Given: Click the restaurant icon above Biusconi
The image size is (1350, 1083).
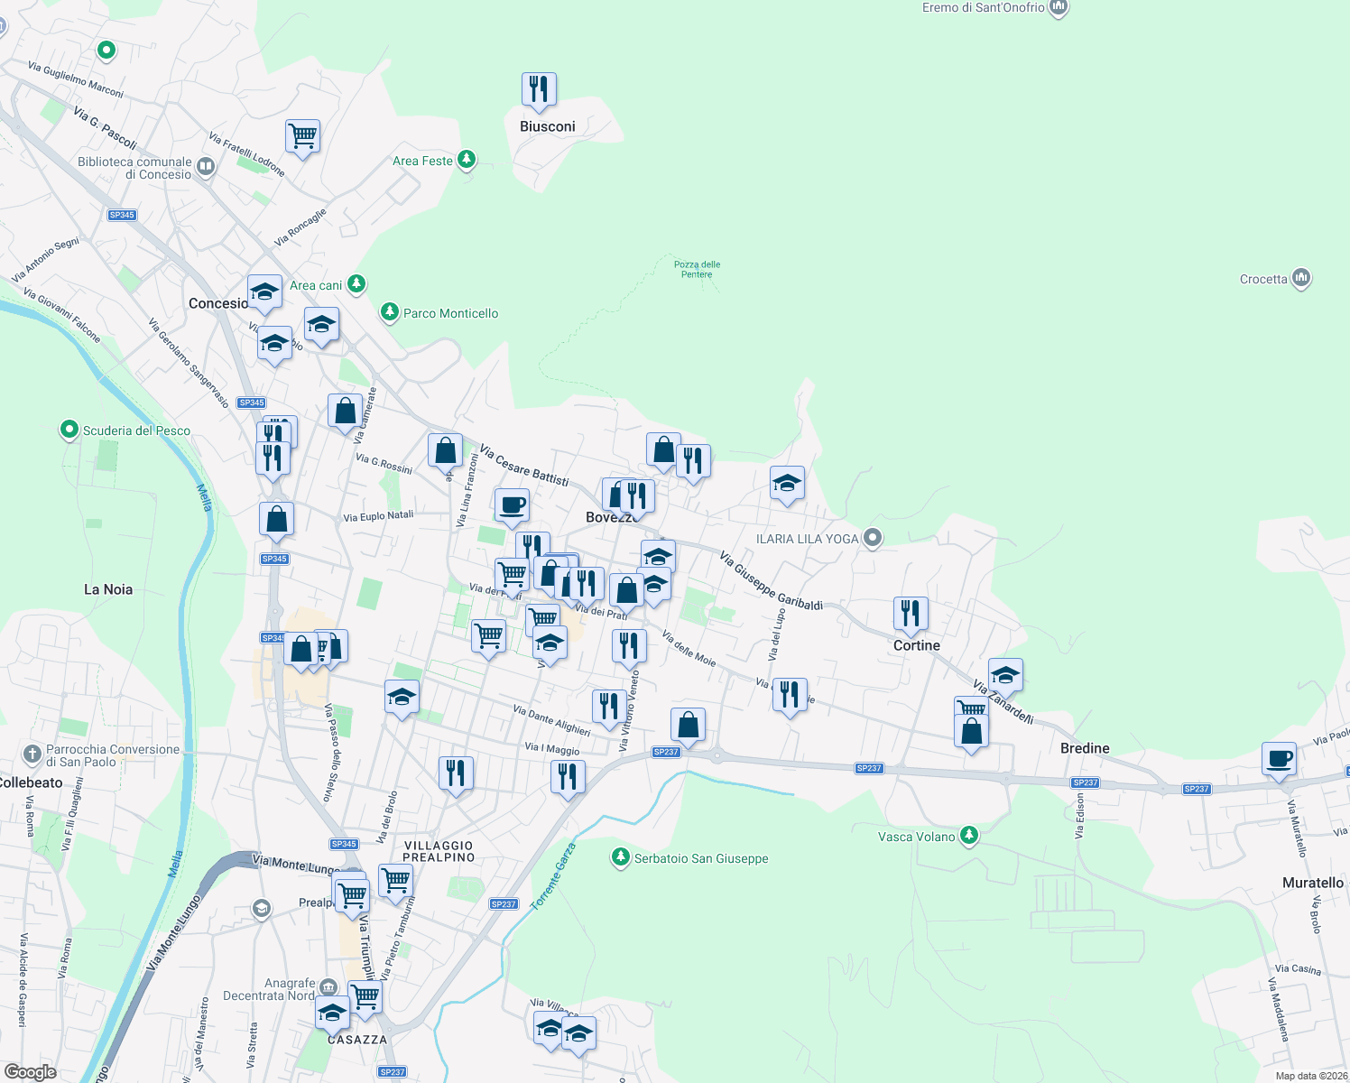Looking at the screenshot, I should click(x=539, y=89).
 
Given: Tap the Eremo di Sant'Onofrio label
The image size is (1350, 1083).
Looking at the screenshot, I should click(x=983, y=8).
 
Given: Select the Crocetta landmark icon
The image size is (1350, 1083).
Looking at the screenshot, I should click(x=1300, y=278).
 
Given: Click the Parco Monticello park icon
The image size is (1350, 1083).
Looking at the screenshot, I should click(x=390, y=312).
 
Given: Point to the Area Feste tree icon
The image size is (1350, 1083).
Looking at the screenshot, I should click(x=467, y=160).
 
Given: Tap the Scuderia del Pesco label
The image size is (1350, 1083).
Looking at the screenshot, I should click(x=136, y=430).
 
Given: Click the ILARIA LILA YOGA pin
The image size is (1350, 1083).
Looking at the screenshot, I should click(x=872, y=539).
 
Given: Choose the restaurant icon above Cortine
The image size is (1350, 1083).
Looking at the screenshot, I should click(x=911, y=614).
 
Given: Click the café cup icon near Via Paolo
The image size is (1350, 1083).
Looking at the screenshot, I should click(x=1279, y=759).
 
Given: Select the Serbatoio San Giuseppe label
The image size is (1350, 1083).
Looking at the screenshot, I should click(x=701, y=858).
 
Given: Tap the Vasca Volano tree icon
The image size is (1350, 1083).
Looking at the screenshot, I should click(x=969, y=836).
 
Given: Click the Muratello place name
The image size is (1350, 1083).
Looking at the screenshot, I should click(x=1312, y=883).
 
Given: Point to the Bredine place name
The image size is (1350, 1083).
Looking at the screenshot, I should click(x=1085, y=748).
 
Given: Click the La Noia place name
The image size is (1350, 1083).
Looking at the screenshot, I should click(x=108, y=589).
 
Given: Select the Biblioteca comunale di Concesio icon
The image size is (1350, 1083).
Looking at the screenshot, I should click(x=206, y=166).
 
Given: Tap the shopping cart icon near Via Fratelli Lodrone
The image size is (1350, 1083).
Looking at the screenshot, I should click(x=303, y=136).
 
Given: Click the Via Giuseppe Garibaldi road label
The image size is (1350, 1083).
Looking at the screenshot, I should click(x=771, y=581).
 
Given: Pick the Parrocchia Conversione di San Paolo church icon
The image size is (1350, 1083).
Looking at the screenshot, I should click(x=32, y=754).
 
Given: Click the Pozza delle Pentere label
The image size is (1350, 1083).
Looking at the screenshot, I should click(x=697, y=269).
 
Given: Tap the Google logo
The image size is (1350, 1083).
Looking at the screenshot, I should click(x=30, y=1072).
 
